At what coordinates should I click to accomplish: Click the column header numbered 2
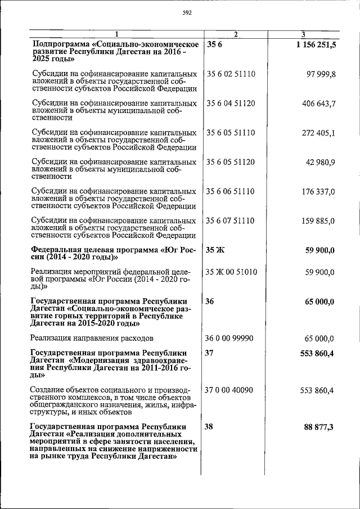pos(236,34)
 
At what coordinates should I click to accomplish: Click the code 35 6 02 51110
pos(231,74)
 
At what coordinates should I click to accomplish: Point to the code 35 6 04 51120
pos(231,103)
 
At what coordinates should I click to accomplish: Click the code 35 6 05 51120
pos(231,163)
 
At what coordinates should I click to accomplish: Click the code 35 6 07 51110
pos(231,221)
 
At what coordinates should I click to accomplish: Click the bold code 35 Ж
pos(215,250)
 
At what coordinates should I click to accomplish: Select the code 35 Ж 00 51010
pos(232,272)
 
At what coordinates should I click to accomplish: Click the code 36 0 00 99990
pos(231,338)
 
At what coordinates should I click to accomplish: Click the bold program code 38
pos(209,427)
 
